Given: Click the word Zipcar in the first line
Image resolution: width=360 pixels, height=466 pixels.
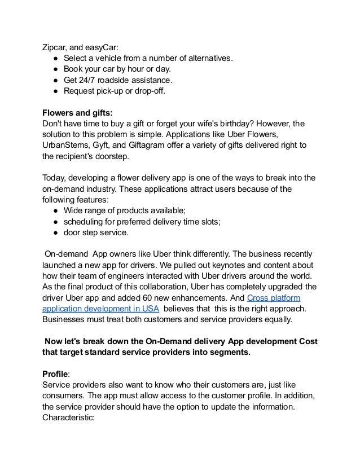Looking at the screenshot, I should [x=55, y=46].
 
